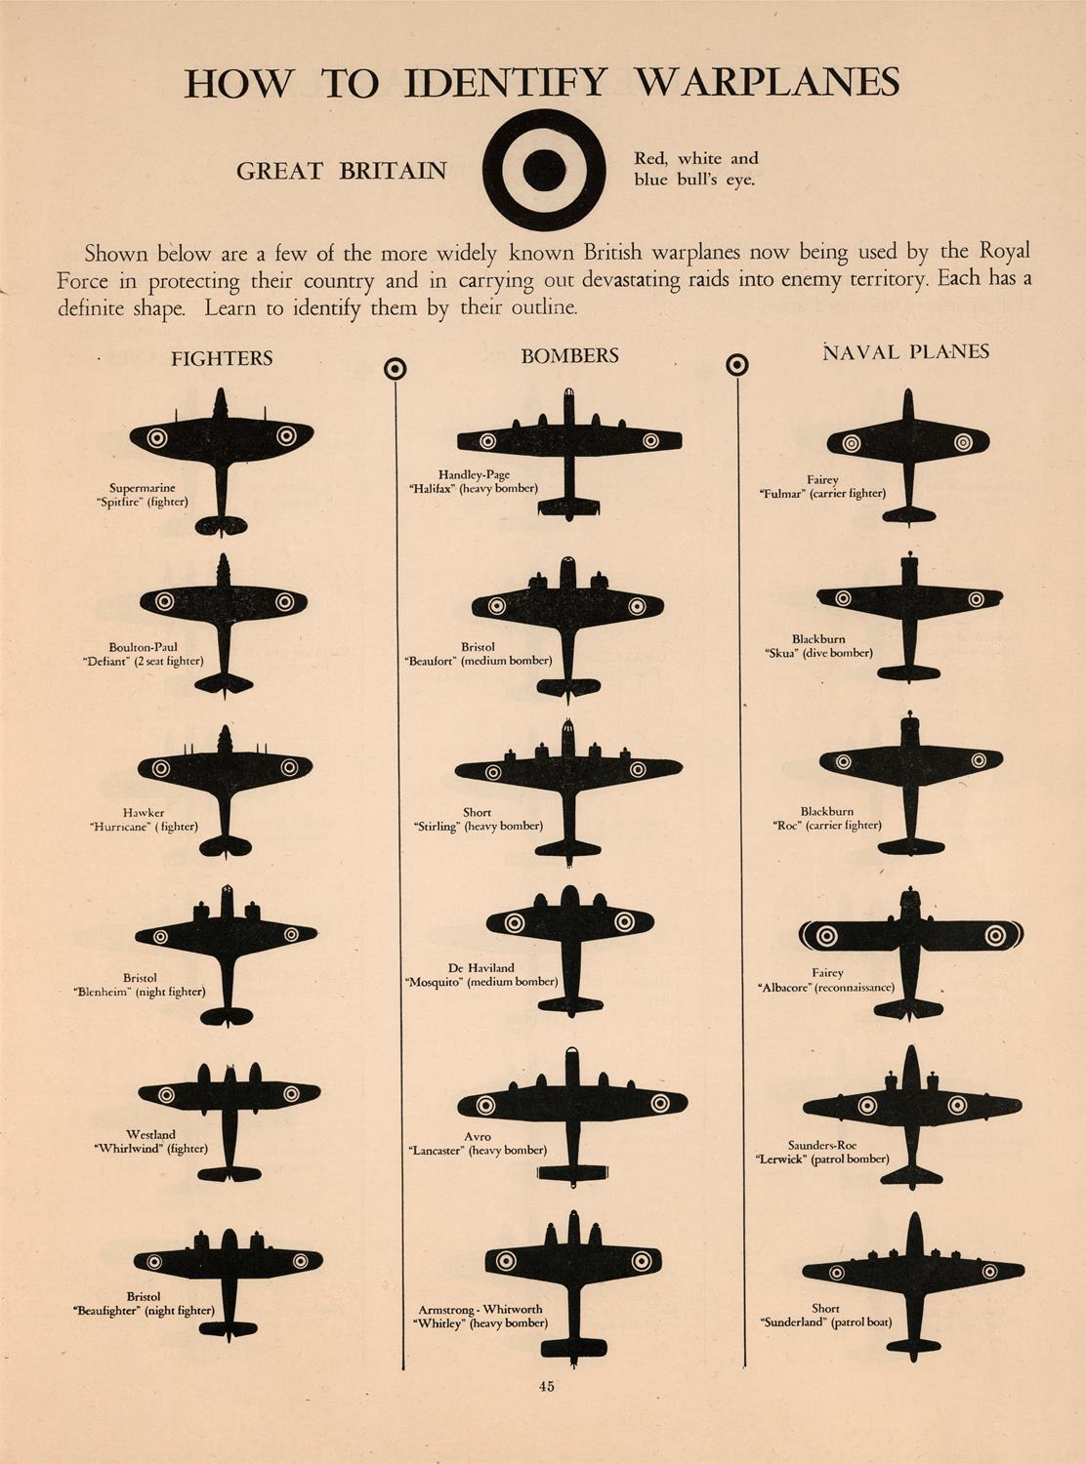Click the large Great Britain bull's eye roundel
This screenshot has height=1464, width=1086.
(544, 170)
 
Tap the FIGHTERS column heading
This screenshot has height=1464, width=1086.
(222, 358)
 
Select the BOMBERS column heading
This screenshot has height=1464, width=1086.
(569, 356)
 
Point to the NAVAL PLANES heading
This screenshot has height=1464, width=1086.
(905, 351)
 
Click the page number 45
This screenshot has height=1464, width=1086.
(546, 1386)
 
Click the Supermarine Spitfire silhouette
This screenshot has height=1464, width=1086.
(222, 462)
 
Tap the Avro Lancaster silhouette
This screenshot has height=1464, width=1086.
(572, 1118)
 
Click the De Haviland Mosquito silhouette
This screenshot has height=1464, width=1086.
(569, 952)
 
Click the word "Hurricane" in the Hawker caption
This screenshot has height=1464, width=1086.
(118, 827)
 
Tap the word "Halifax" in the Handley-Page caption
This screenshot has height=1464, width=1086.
(430, 488)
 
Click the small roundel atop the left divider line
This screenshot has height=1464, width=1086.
(395, 369)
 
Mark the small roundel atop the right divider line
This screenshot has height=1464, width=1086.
(737, 364)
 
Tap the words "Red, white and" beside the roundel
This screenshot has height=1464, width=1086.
(696, 158)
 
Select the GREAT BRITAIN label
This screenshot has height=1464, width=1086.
(342, 171)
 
